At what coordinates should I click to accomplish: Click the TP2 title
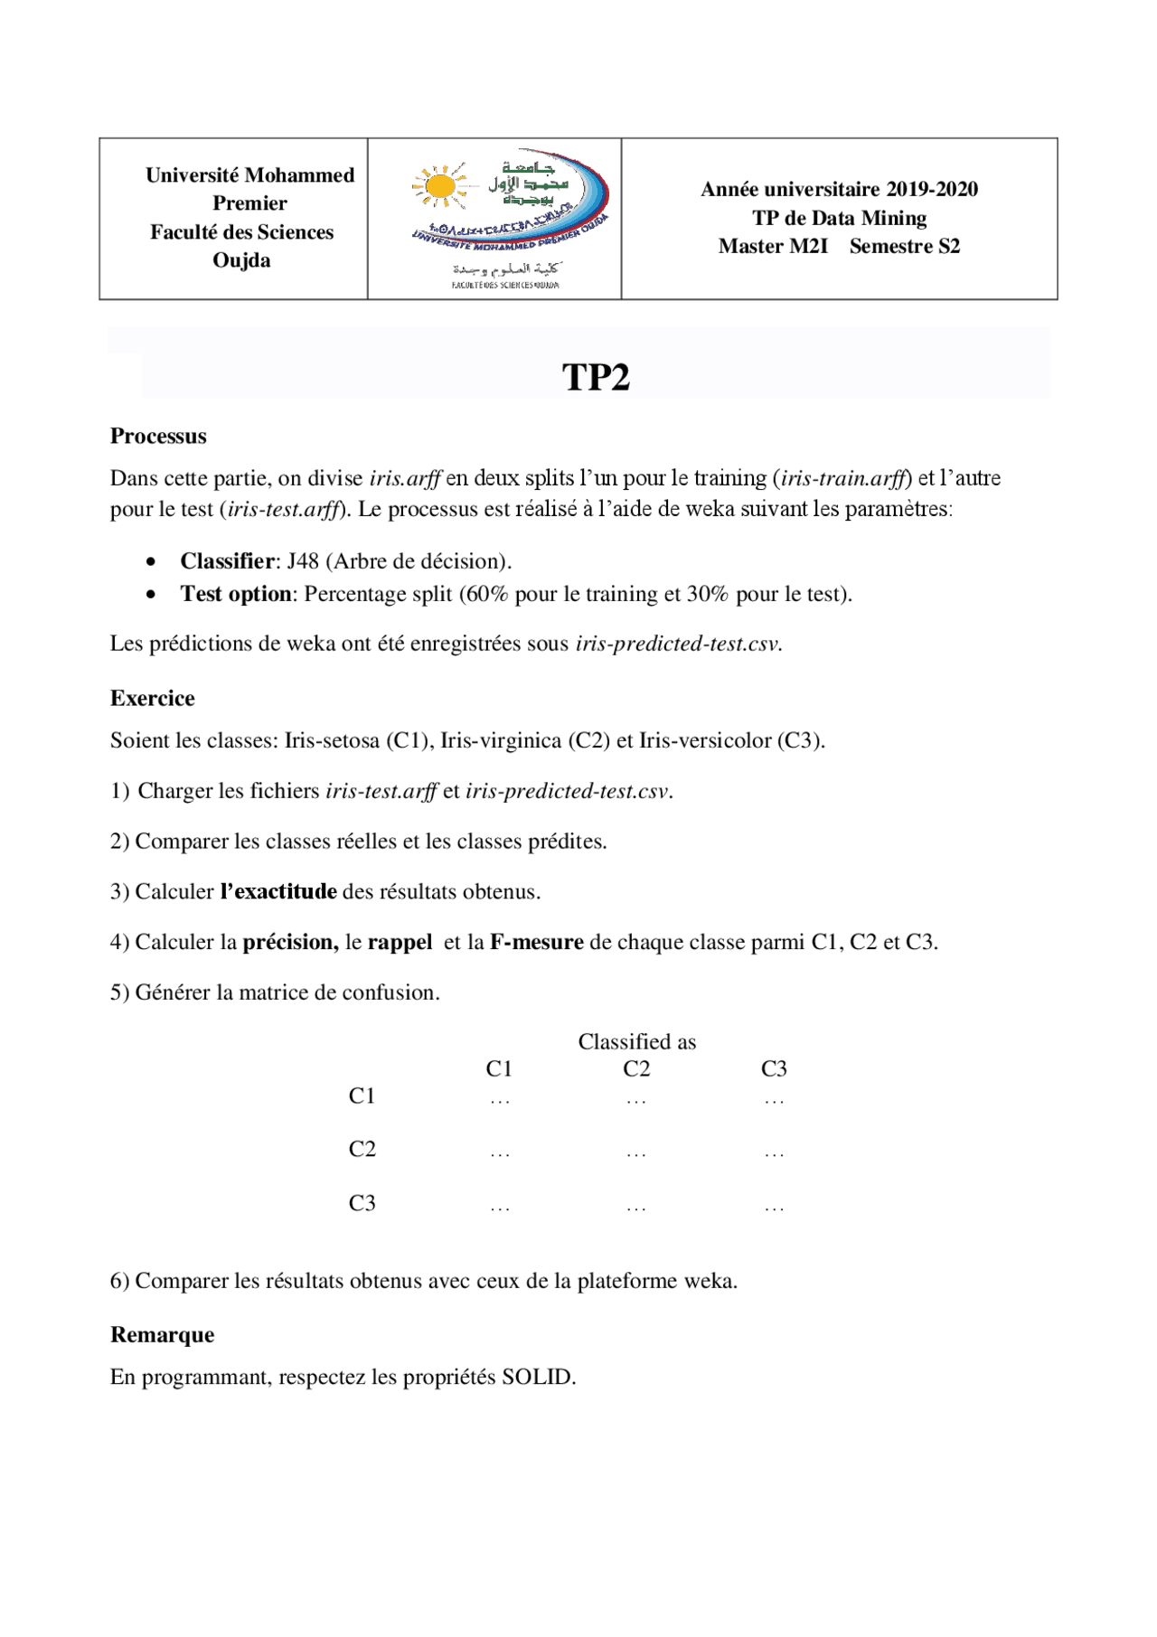point(596,378)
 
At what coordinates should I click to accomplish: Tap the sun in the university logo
point(440,186)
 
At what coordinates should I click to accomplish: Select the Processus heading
point(158,437)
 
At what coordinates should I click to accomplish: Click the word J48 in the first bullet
point(303,561)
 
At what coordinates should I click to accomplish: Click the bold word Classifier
point(226,561)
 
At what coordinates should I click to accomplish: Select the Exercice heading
point(152,699)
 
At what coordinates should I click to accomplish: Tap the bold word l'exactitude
point(278,892)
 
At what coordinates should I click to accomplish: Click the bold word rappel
point(400,943)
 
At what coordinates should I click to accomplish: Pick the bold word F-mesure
point(537,943)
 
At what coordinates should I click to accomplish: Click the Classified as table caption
point(637,1042)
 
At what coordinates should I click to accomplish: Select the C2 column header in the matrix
point(636,1069)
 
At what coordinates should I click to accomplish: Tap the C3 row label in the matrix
point(362,1203)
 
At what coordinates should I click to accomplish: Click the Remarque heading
point(162,1336)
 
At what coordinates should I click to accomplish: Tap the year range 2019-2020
point(932,190)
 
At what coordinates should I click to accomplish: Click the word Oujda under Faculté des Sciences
point(241,260)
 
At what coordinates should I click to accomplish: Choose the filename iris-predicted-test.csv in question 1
point(567,792)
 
